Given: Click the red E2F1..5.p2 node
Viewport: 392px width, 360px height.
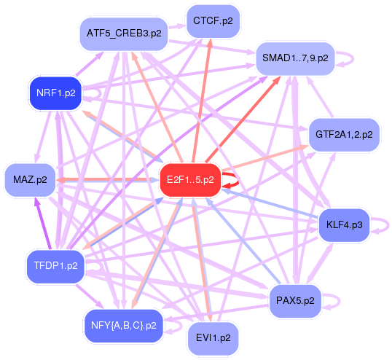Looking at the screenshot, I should [190, 179].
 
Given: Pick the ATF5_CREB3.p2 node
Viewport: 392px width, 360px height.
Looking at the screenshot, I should [123, 34].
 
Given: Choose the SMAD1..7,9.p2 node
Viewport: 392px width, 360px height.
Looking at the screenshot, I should [294, 56].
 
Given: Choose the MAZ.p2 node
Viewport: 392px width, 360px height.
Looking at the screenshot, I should [30, 179].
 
